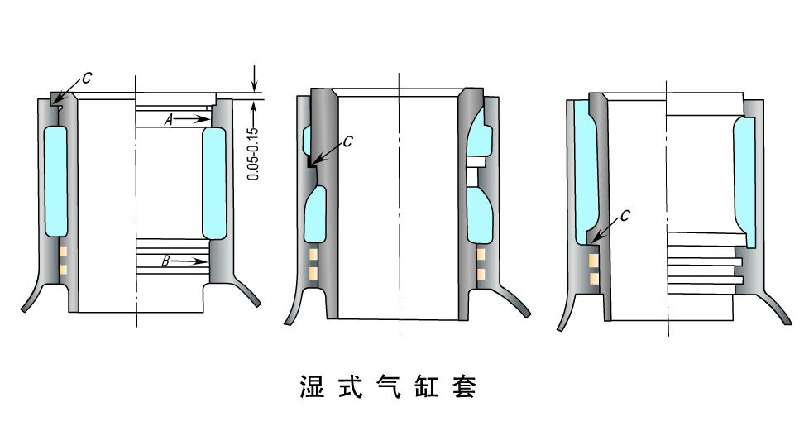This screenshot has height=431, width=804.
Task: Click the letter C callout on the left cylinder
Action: [88, 79]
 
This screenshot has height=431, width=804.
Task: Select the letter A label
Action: [168, 120]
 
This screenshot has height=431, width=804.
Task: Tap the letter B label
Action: [165, 261]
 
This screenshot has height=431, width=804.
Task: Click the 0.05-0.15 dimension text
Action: [253, 153]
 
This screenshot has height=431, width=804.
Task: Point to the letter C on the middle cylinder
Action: [347, 141]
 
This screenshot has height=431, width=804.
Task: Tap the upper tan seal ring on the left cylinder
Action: [62, 251]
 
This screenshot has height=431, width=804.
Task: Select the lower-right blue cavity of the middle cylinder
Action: [480, 215]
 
